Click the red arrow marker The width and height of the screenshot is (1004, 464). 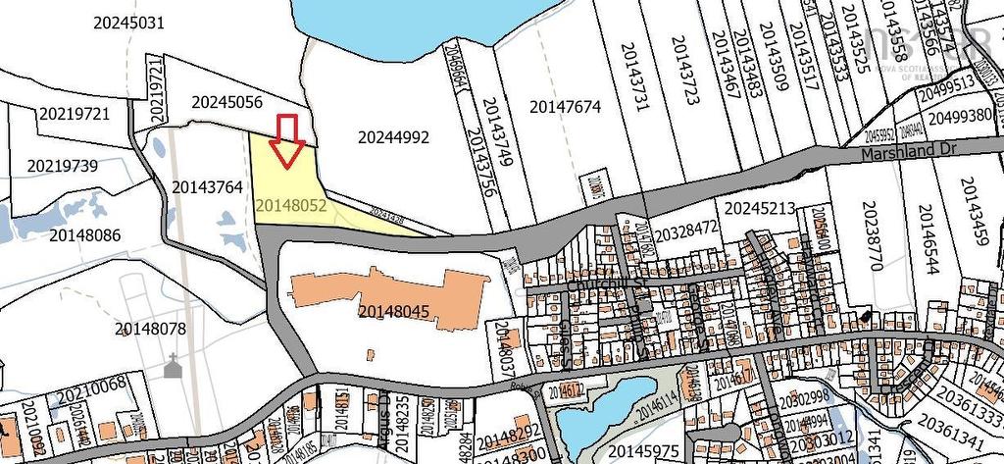[286, 141]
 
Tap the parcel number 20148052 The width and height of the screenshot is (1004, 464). [290, 206]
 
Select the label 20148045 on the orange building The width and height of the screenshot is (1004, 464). [394, 312]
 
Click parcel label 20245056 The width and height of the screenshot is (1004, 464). [226, 101]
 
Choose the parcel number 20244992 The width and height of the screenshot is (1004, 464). [393, 137]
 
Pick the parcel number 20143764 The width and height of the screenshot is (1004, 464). [207, 186]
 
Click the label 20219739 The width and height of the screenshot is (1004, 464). [63, 166]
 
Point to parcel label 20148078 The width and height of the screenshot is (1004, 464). [150, 329]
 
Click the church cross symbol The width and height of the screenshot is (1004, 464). [174, 366]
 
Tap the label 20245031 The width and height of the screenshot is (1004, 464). [128, 22]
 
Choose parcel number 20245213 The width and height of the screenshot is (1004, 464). [759, 208]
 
